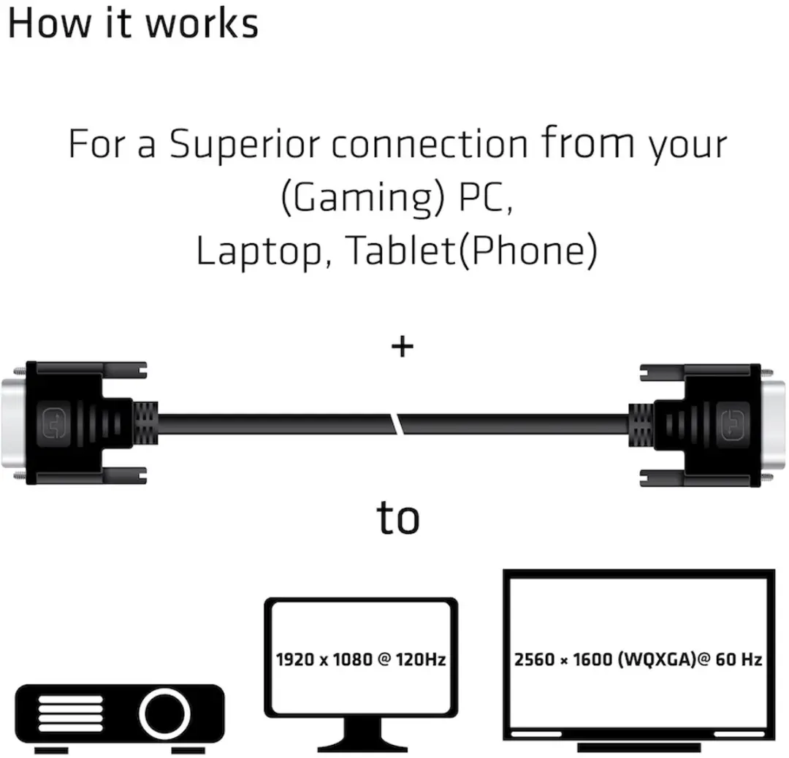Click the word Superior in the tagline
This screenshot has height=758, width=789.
pyautogui.click(x=244, y=145)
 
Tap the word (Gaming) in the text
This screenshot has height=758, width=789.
pyautogui.click(x=363, y=198)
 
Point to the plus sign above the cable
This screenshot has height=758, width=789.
pyautogui.click(x=403, y=347)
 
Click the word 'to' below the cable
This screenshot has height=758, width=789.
pyautogui.click(x=398, y=517)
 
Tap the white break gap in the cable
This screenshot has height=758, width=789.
pyautogui.click(x=397, y=424)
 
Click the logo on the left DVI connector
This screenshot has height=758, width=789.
pyautogui.click(x=54, y=424)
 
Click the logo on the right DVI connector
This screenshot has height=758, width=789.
pyautogui.click(x=732, y=424)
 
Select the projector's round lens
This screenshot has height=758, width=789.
pyautogui.click(x=164, y=713)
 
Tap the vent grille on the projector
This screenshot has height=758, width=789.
pyautogui.click(x=70, y=713)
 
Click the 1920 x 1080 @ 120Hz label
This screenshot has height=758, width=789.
pyautogui.click(x=361, y=659)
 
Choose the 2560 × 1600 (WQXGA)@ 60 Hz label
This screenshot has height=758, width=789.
pyautogui.click(x=638, y=659)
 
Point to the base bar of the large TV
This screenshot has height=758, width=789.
pyautogui.click(x=639, y=748)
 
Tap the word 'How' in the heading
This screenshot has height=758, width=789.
pyautogui.click(x=50, y=23)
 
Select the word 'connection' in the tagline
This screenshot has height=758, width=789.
pyautogui.click(x=430, y=145)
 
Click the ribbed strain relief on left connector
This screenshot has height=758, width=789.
pyautogui.click(x=145, y=424)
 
